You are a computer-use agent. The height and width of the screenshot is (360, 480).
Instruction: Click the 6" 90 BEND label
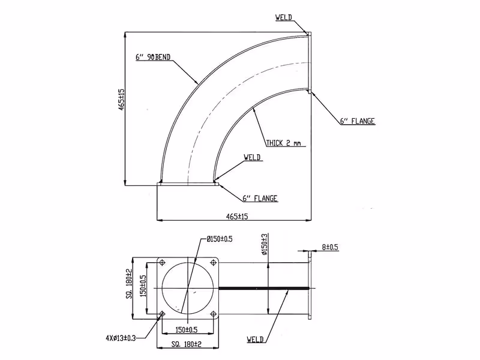click(x=153, y=57)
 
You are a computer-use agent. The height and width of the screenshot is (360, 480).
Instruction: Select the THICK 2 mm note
click(x=283, y=143)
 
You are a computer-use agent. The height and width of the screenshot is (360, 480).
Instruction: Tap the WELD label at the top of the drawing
click(x=283, y=17)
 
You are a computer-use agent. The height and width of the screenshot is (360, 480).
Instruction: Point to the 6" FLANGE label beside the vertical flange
click(x=358, y=121)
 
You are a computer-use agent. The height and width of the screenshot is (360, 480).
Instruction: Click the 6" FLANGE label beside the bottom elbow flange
click(x=260, y=199)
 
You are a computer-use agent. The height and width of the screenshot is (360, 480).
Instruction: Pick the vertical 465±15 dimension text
click(x=122, y=100)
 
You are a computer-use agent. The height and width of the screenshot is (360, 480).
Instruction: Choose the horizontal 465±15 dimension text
click(x=237, y=217)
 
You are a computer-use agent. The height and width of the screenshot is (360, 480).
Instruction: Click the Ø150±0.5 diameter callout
click(x=220, y=239)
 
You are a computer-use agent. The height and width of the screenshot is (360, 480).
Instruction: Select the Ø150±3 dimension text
click(x=265, y=244)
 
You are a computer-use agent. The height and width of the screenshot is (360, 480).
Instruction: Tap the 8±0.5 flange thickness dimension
click(x=330, y=247)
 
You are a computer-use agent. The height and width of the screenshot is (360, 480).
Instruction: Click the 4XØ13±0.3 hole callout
click(x=121, y=338)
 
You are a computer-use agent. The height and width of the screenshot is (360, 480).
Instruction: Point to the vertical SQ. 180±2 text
click(x=129, y=283)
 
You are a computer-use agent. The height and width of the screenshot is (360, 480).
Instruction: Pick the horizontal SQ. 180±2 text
click(x=187, y=344)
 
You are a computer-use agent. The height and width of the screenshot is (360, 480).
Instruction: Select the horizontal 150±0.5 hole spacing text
click(x=187, y=329)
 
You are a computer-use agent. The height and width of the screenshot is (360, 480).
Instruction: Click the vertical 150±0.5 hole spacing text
click(x=143, y=286)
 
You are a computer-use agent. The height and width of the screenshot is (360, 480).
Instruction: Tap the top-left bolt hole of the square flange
click(x=162, y=263)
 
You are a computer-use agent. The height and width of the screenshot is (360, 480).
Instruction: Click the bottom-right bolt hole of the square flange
click(x=214, y=314)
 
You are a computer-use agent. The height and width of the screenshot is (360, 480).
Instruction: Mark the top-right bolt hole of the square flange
click(x=214, y=263)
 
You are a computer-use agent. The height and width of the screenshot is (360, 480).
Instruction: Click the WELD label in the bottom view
click(x=255, y=339)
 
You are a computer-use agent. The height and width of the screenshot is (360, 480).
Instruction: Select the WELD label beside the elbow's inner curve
click(x=252, y=157)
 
